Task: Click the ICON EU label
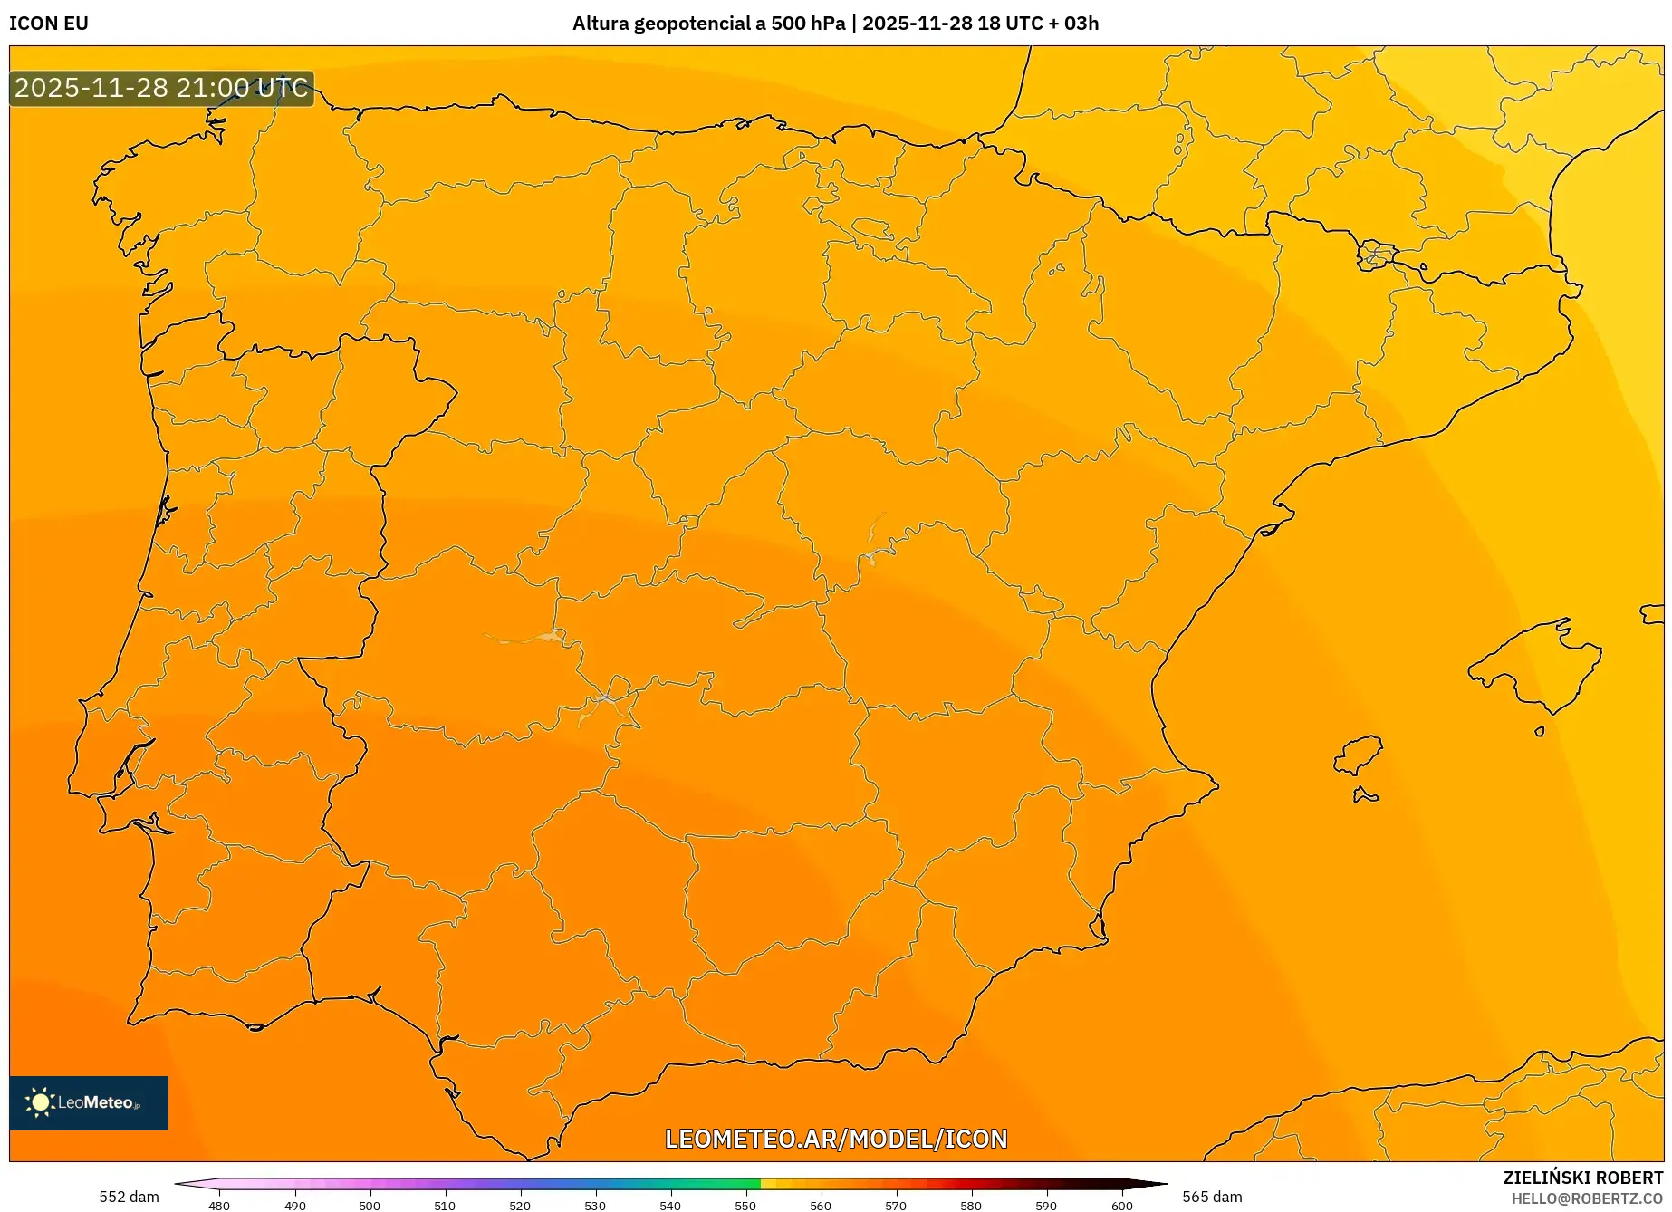(49, 24)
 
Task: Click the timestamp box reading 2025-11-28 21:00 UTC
(161, 88)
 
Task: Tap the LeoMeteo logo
(89, 1102)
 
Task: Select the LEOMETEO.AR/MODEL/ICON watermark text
(836, 1139)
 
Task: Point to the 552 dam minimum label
(129, 1197)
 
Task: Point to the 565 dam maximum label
(1212, 1197)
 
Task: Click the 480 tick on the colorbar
(219, 1205)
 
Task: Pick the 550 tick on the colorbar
(745, 1205)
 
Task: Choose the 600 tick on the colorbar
(1122, 1205)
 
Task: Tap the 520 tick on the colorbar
(520, 1205)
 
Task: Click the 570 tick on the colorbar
(896, 1205)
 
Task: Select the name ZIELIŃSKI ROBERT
(1583, 1178)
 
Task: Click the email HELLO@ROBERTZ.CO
(1587, 1198)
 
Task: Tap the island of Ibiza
(1359, 755)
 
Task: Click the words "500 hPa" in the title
(808, 24)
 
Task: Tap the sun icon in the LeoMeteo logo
(40, 1101)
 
